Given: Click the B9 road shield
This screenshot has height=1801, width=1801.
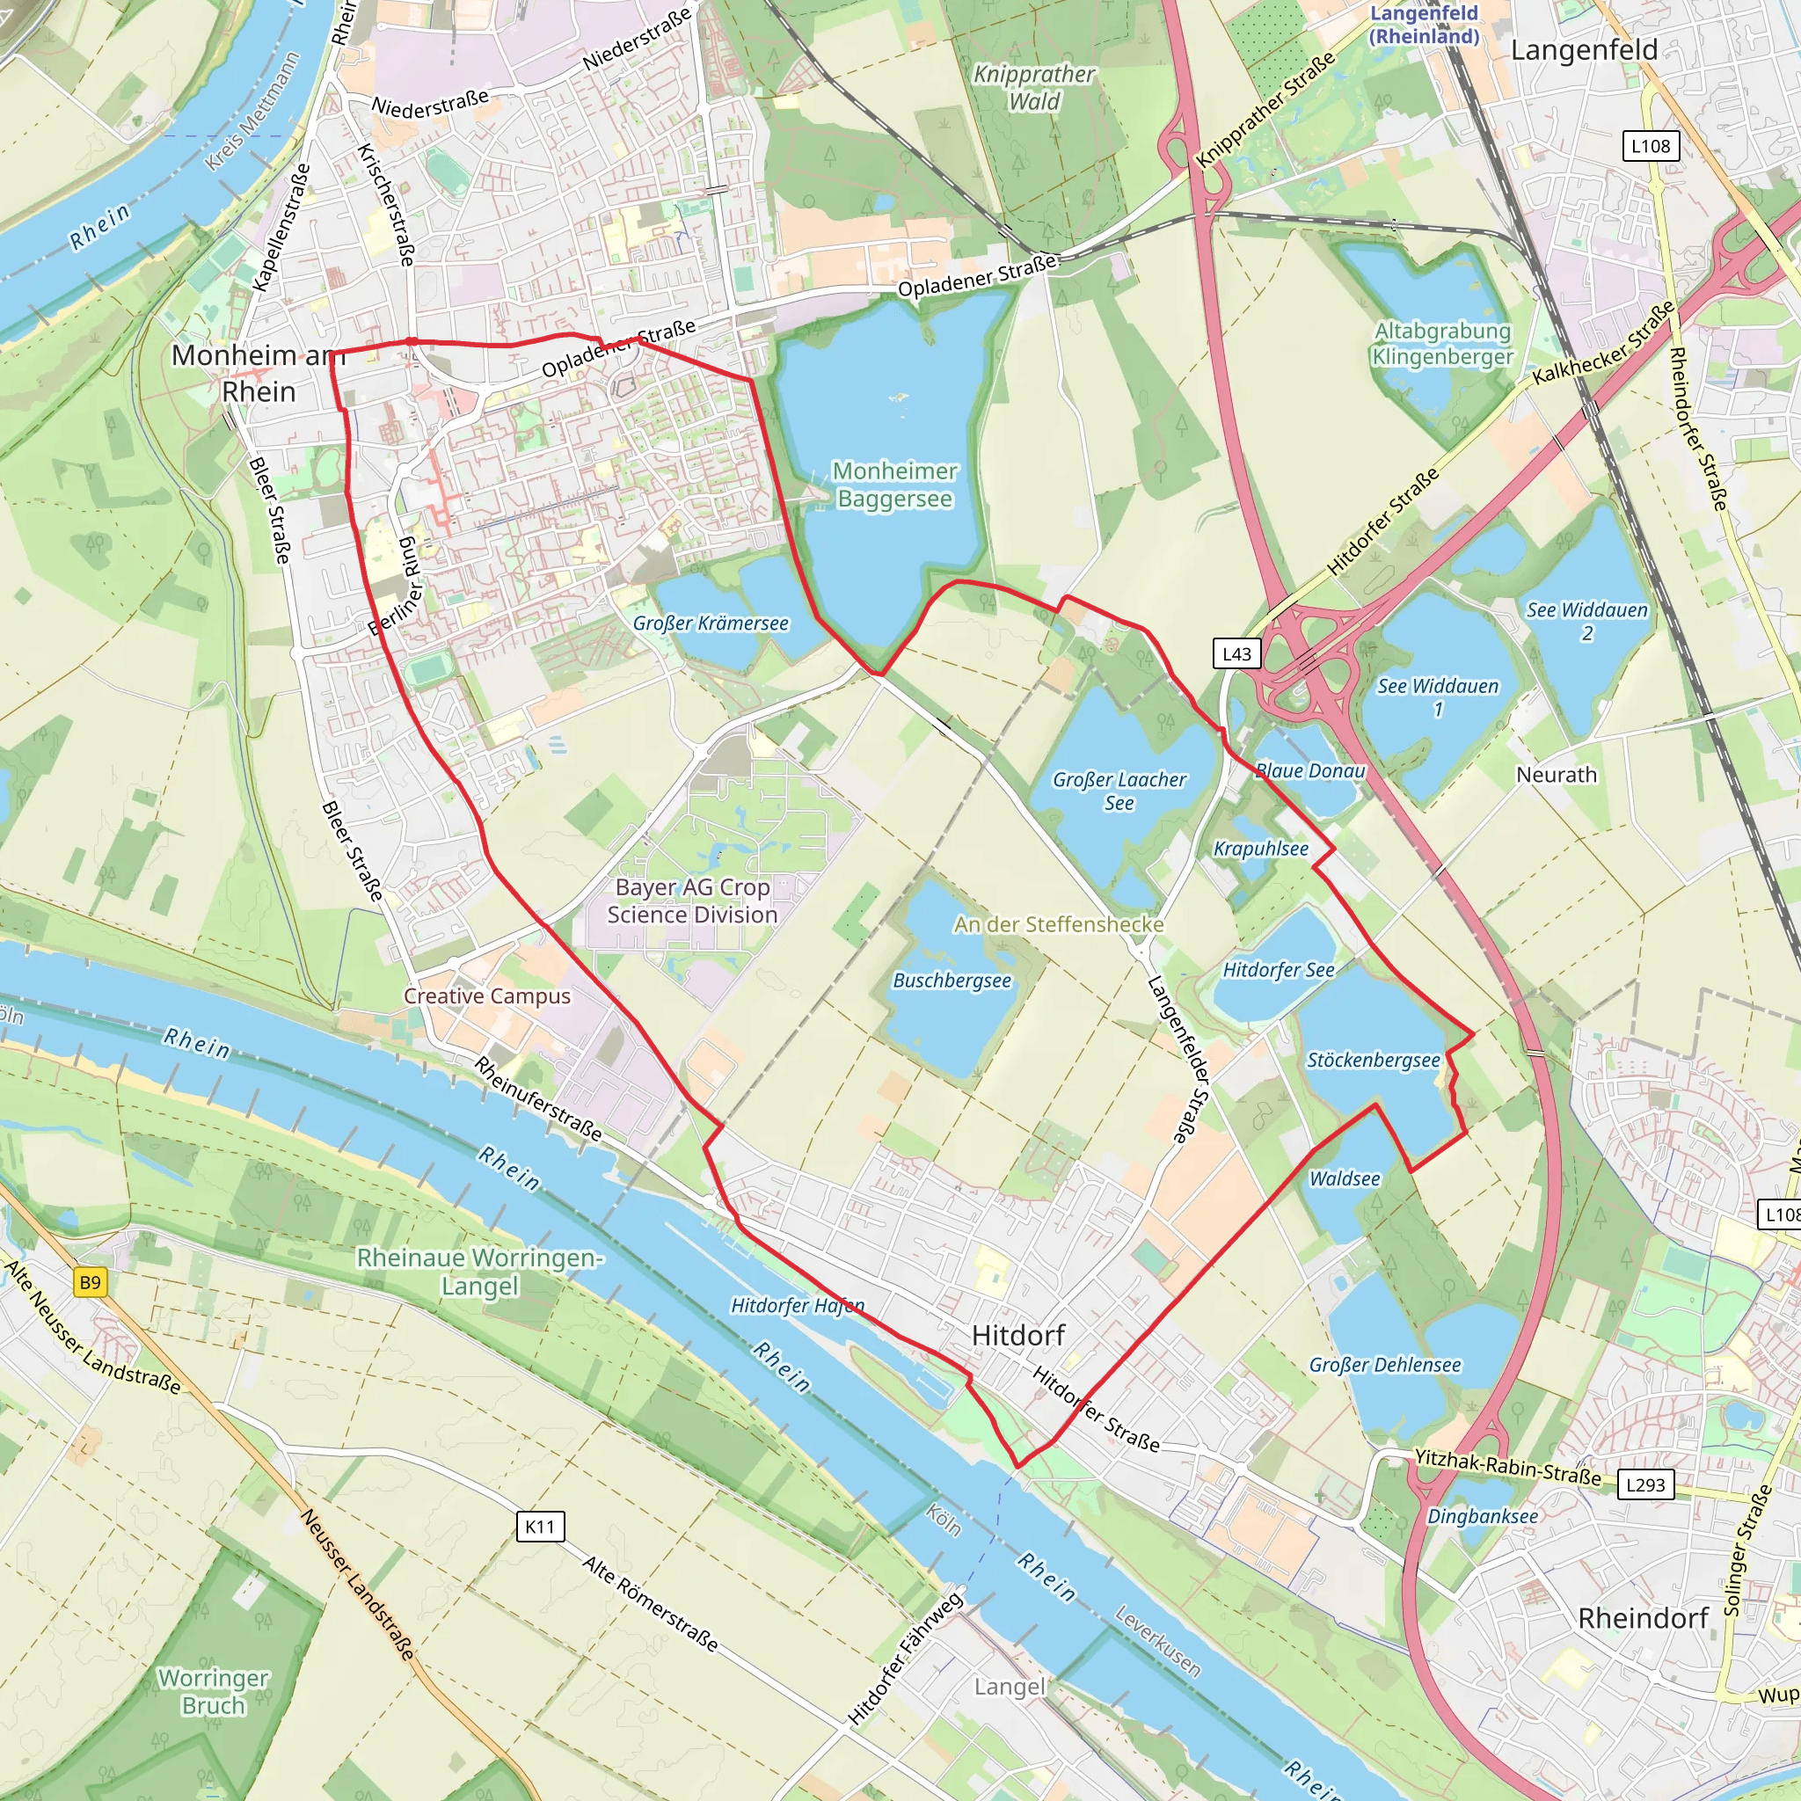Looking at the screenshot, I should click(90, 1283).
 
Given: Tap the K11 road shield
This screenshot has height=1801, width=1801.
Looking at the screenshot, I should click(540, 1527).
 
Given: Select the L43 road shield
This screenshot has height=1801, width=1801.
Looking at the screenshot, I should click(1236, 653).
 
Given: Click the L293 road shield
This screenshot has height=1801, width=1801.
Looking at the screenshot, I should click(1644, 1485).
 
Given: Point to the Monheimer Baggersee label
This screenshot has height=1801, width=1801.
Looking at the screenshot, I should click(894, 485).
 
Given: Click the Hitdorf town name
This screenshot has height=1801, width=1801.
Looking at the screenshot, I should click(1017, 1335).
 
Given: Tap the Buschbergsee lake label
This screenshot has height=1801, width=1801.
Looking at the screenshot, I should click(952, 981).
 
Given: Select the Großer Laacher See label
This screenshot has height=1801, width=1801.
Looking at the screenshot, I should click(1119, 791).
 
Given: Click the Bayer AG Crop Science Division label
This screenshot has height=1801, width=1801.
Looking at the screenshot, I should click(692, 900).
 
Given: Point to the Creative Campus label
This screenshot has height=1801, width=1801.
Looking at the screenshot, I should click(486, 995).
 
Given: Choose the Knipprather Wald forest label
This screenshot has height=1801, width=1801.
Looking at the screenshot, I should click(1034, 88).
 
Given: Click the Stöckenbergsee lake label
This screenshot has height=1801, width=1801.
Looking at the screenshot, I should click(1372, 1060).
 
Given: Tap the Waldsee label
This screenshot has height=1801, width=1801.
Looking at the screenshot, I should click(1345, 1178).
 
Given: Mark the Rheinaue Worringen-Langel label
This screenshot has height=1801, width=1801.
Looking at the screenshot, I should click(479, 1272).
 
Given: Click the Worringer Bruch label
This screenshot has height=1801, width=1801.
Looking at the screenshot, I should click(214, 1691).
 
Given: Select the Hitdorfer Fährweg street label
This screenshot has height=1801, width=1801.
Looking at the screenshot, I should click(904, 1660).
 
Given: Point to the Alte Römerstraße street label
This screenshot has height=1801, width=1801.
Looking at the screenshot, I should click(651, 1603).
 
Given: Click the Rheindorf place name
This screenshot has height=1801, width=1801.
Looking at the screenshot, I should click(1643, 1618).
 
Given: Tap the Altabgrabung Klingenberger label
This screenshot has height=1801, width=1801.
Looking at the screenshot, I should click(1442, 343).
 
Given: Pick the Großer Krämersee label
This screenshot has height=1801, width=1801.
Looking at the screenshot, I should click(711, 623).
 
